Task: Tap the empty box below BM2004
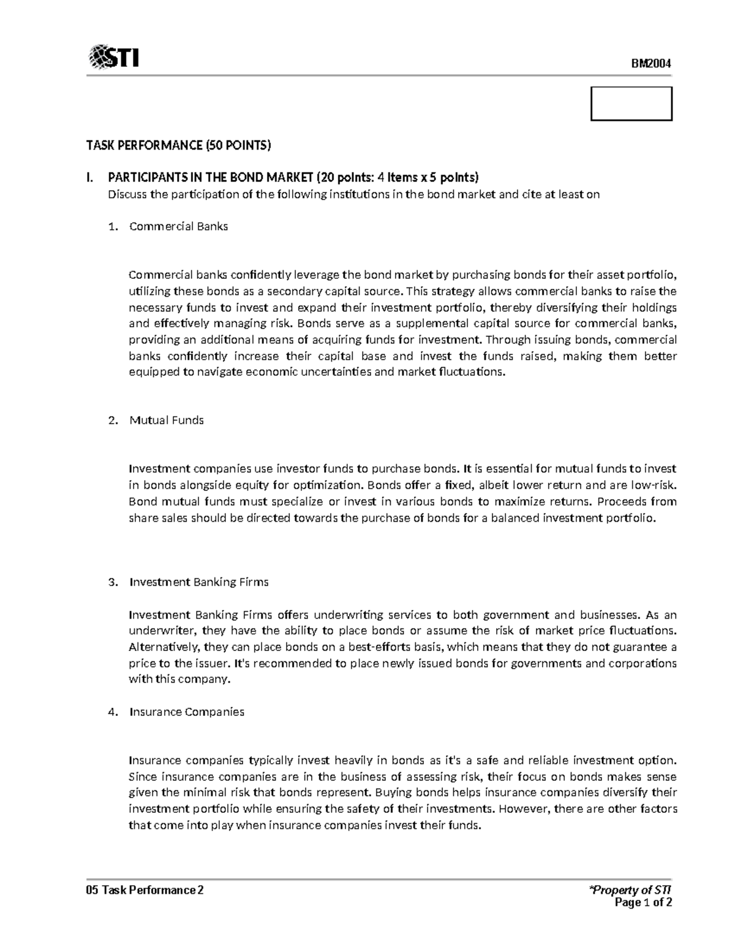tap(631, 104)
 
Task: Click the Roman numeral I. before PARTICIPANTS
tap(90, 178)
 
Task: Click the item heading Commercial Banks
tap(178, 226)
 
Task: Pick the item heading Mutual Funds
tap(167, 420)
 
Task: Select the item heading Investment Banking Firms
tap(199, 582)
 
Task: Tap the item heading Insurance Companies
tap(187, 712)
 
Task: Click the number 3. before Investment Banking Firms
tap(112, 582)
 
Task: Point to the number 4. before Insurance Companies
tap(112, 712)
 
